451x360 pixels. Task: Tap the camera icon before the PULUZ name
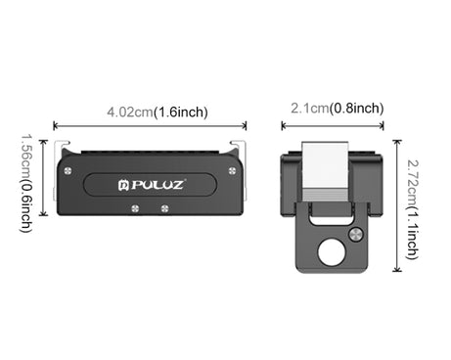pos(124,184)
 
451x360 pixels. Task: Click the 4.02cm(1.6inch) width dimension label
pos(157,112)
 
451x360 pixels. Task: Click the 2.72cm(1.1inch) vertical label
pos(412,205)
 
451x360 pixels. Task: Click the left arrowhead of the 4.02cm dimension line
pos(55,126)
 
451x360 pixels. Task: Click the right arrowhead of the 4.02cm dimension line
pos(245,126)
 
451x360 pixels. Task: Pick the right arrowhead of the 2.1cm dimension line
pos(383,125)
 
